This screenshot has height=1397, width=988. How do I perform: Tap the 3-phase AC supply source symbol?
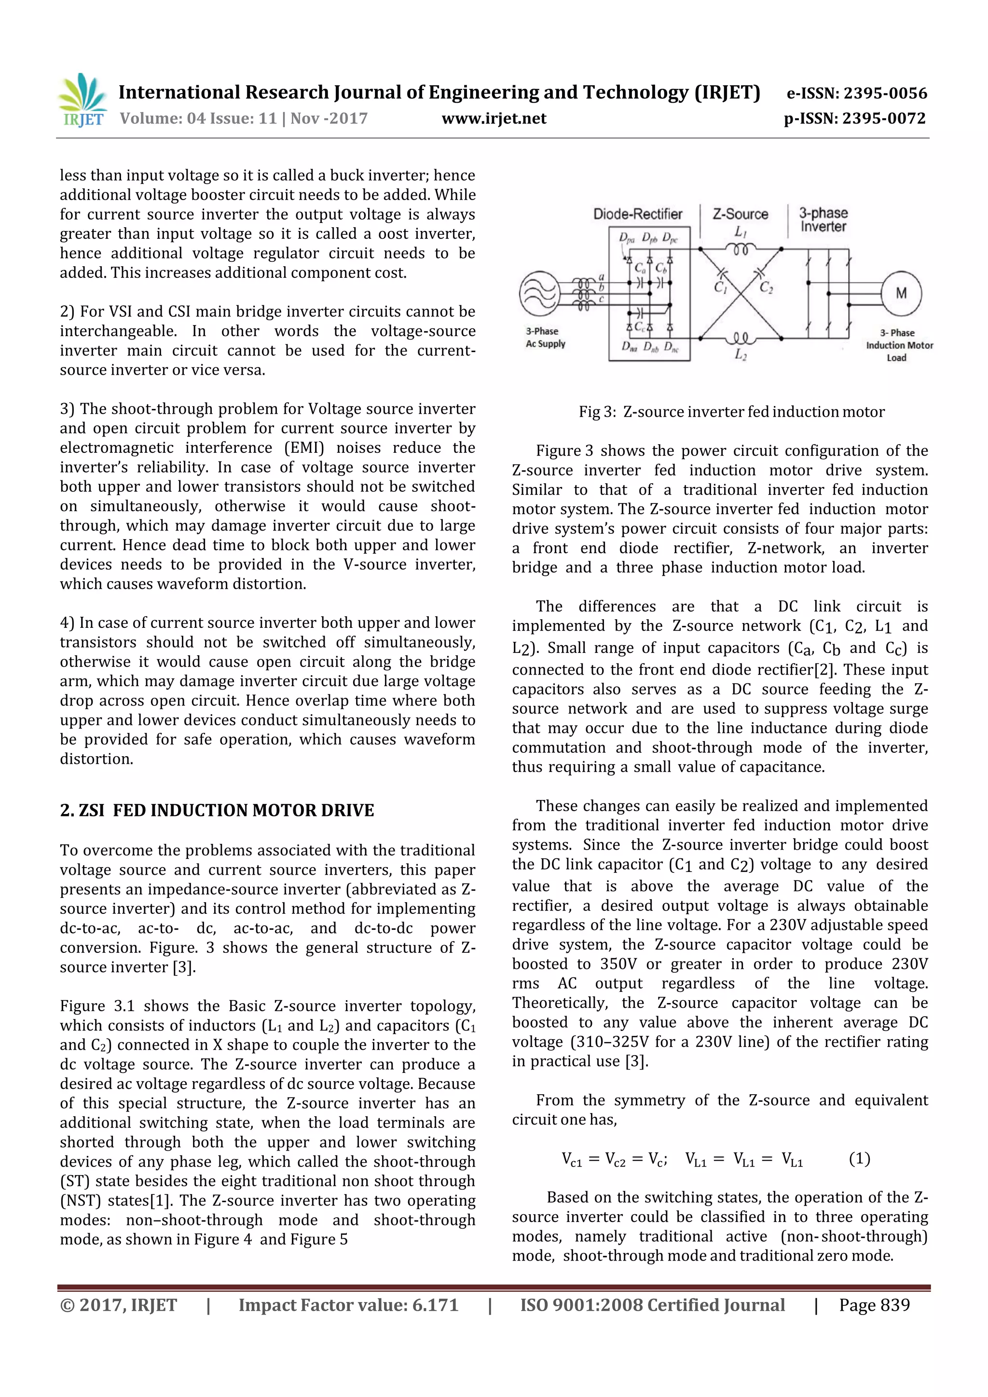click(539, 293)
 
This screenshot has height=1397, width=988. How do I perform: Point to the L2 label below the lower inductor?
click(740, 355)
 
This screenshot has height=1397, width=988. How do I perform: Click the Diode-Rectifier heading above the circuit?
click(637, 214)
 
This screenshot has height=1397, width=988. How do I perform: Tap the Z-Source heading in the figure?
click(740, 214)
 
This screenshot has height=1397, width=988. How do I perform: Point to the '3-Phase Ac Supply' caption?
click(545, 338)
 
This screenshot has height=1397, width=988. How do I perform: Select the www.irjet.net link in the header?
click(494, 118)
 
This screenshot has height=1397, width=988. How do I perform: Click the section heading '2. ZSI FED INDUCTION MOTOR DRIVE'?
click(217, 811)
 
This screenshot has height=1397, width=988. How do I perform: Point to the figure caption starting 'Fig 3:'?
click(731, 412)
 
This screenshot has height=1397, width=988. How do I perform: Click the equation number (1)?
click(859, 1158)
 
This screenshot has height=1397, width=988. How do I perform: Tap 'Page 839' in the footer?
click(874, 1305)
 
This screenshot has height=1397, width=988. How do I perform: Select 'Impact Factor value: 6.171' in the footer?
click(348, 1305)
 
